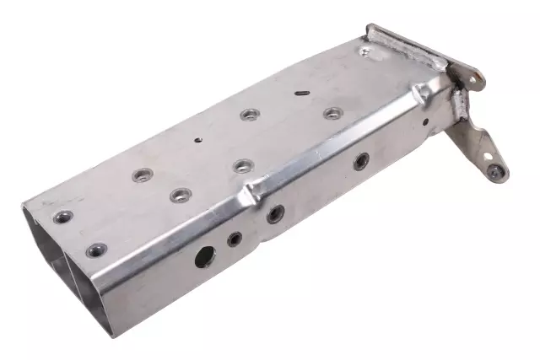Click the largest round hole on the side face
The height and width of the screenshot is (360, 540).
point(205,257)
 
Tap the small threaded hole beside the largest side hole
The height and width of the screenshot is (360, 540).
point(234,239)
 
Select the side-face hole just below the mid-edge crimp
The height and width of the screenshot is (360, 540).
point(274,214)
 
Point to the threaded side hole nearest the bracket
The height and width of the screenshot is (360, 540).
point(360,161)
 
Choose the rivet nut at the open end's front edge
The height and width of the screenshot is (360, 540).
point(97,250)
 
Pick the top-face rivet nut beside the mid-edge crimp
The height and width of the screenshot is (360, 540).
point(242,165)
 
